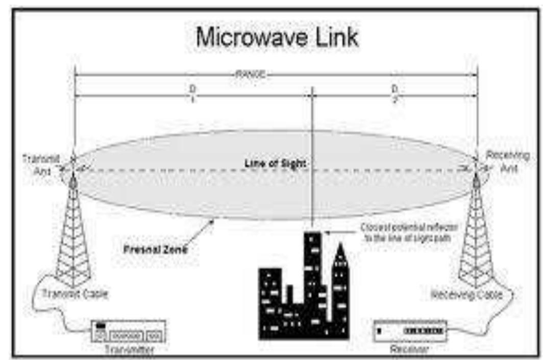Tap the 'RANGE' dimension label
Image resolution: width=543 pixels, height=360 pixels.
click(250, 75)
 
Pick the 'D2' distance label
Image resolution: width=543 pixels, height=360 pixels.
click(394, 92)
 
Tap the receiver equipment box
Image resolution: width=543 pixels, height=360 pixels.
click(410, 330)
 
